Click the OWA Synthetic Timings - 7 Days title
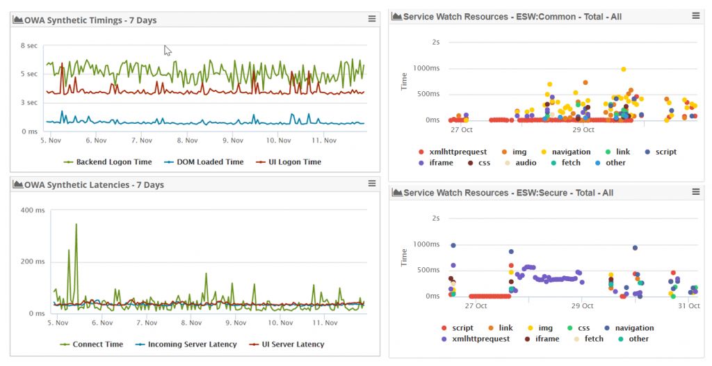tap(90, 20)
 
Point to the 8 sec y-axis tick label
tap(29, 46)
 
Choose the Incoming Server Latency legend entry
tap(192, 344)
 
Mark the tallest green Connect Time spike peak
tap(76, 225)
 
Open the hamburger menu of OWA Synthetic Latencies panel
tap(371, 184)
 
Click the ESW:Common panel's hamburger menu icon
tap(696, 15)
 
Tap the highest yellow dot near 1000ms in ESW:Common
tap(624, 69)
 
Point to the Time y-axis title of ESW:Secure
tap(403, 257)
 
